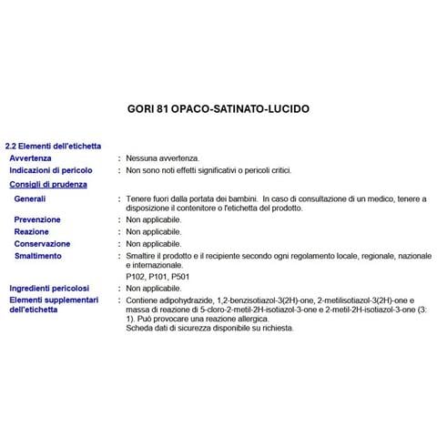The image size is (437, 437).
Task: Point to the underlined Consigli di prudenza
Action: tap(48, 184)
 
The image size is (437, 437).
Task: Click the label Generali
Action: tap(30, 198)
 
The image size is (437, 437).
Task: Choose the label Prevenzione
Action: tap(38, 219)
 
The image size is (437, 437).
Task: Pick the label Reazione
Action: tap(32, 232)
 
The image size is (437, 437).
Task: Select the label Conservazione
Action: tap(42, 244)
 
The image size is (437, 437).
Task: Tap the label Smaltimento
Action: tap(38, 256)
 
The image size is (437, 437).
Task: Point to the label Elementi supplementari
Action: tap(53, 300)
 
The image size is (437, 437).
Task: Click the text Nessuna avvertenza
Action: tap(162, 158)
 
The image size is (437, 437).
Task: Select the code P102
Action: tap(137, 276)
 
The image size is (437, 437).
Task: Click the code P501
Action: tap(180, 276)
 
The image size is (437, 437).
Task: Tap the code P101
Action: tap(158, 276)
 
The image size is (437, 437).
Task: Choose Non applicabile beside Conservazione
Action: tap(154, 244)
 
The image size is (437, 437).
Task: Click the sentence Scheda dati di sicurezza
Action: tap(209, 328)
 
